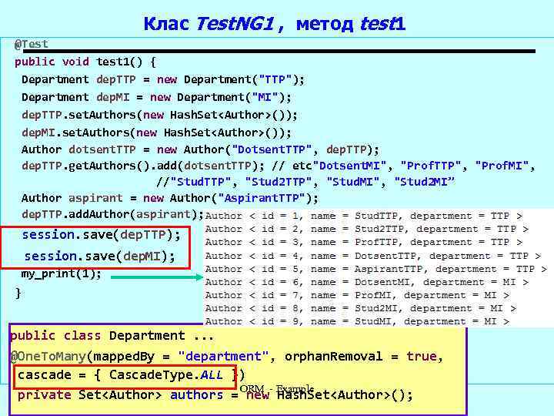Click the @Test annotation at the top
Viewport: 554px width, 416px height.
point(32,45)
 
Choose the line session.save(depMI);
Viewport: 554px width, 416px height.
point(99,256)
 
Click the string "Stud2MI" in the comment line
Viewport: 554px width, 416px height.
point(424,182)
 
